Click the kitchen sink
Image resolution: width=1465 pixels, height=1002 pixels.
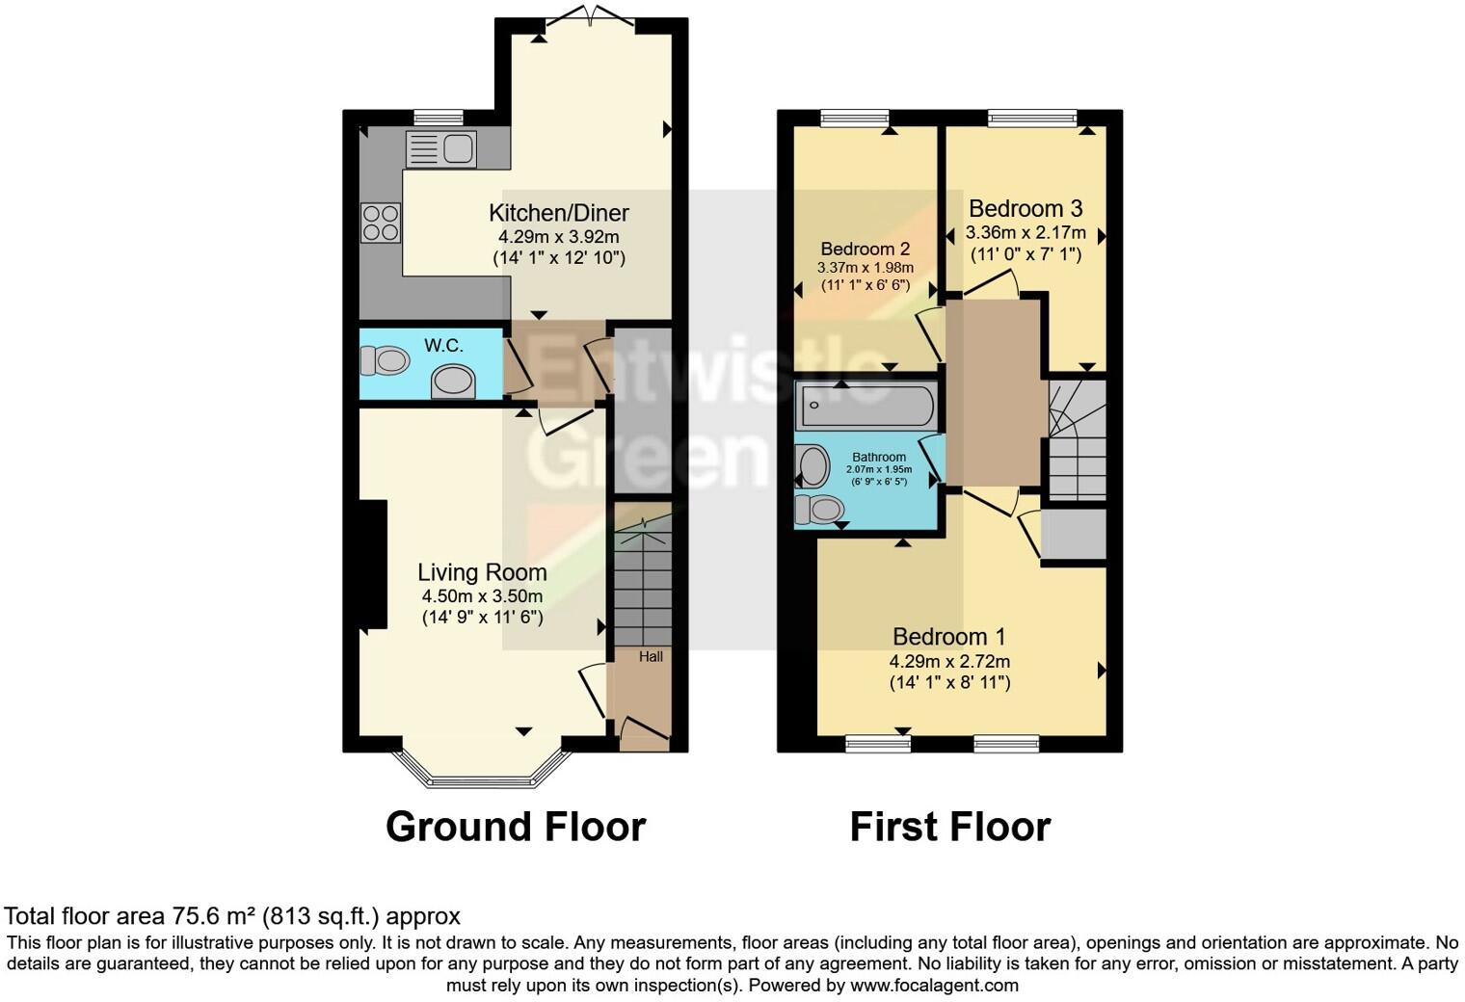(x=440, y=149)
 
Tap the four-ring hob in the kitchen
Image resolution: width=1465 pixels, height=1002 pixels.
(x=380, y=224)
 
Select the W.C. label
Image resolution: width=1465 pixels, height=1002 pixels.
(x=443, y=345)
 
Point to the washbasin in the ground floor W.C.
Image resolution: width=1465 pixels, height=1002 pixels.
(x=453, y=381)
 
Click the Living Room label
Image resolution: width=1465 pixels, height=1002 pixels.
(x=482, y=572)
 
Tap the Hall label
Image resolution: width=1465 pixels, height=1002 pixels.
(x=651, y=657)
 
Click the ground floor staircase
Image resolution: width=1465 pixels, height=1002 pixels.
(x=643, y=588)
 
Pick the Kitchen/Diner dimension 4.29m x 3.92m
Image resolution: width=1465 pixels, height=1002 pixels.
(x=558, y=236)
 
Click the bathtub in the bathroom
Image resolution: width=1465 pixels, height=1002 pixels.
(x=865, y=406)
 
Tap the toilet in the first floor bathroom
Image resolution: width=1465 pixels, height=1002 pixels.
(x=819, y=509)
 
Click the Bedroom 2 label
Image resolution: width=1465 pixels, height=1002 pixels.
(x=865, y=250)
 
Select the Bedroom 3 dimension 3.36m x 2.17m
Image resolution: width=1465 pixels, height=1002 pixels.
(x=1025, y=232)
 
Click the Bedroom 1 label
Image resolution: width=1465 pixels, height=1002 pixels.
(x=948, y=637)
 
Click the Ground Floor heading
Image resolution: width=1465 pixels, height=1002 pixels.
(x=515, y=827)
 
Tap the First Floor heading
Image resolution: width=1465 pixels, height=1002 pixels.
(x=949, y=827)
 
